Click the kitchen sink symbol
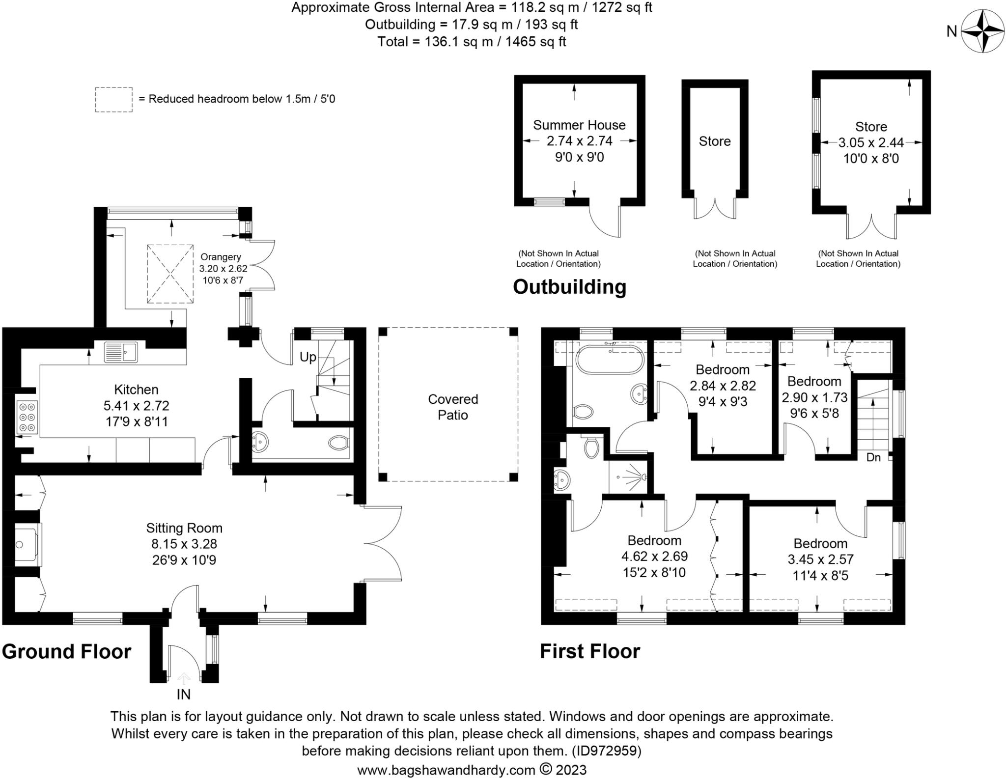click(121, 352)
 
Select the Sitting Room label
click(184, 528)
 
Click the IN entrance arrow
click(184, 679)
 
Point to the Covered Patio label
click(452, 407)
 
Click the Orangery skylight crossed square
click(170, 274)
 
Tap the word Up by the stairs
click(307, 357)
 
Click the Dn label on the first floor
click(873, 457)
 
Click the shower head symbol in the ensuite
click(642, 476)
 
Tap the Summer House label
click(579, 125)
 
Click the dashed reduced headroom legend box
click(113, 100)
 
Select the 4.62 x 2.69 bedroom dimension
click(654, 557)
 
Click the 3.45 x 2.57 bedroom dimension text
click(820, 559)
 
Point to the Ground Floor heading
click(66, 652)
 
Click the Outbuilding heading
click(569, 287)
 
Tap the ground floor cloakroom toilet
click(338, 443)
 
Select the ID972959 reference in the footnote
click(606, 751)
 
